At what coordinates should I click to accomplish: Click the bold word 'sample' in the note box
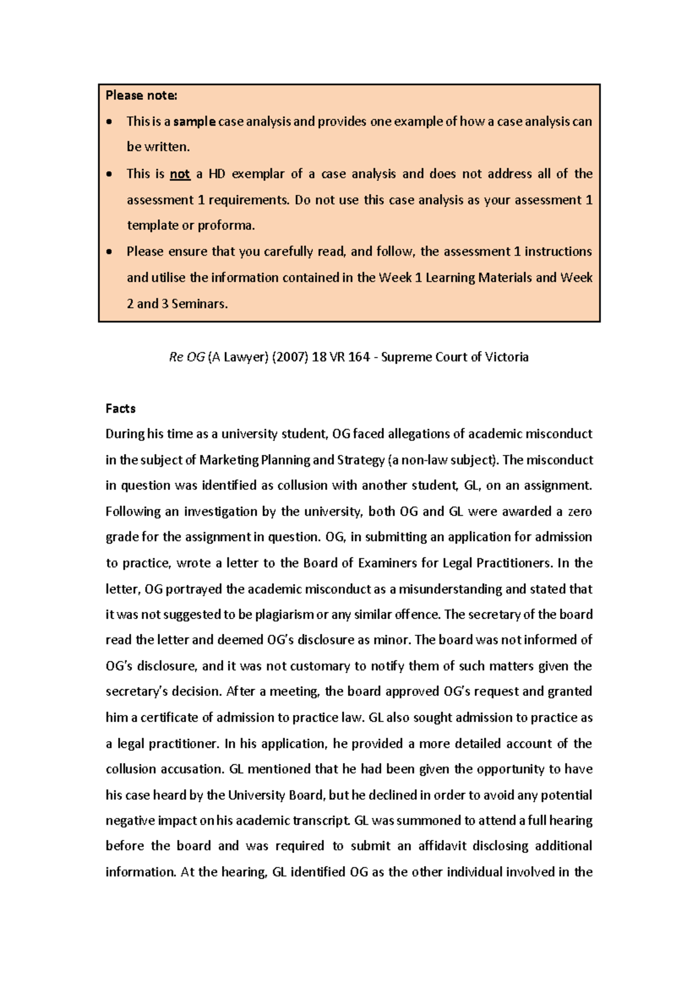(x=194, y=121)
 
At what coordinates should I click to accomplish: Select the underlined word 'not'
(x=180, y=174)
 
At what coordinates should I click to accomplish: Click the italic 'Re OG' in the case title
(x=187, y=357)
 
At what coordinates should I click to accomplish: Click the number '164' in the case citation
(x=358, y=357)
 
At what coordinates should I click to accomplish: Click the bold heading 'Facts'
(x=120, y=409)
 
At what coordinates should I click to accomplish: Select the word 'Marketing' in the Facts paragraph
(x=229, y=460)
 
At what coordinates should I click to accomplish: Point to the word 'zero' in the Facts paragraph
(x=580, y=512)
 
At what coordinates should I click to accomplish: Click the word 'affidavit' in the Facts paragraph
(x=443, y=846)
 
